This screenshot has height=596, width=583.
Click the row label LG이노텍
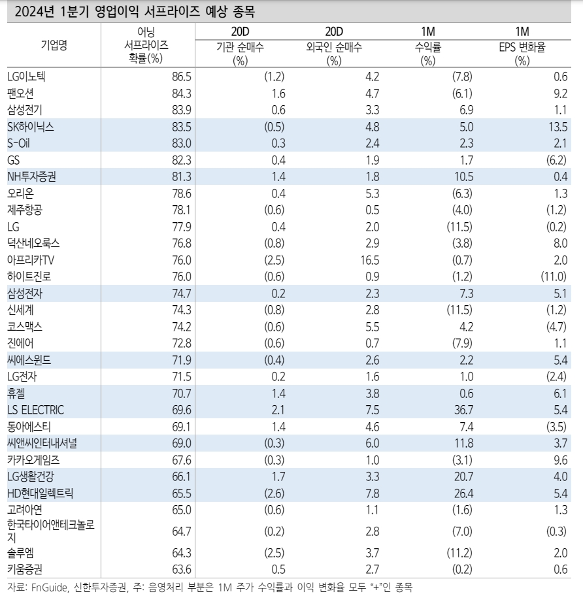coord(26,76)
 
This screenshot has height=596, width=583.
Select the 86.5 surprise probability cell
coord(181,76)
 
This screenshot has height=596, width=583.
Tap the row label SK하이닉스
coord(31,127)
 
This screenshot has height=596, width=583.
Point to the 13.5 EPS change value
coord(558,127)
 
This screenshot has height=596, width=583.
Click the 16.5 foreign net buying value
coord(370,260)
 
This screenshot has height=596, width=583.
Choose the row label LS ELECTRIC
coord(36,410)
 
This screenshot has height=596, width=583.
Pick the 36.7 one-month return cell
coord(463,410)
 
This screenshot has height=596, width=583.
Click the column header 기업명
coord(54,45)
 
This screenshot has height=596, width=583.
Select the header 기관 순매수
coord(240,47)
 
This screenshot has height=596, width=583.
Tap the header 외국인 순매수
coord(334,47)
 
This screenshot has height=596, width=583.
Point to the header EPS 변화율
coord(522,47)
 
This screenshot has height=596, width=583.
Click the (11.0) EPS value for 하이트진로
coord(554,276)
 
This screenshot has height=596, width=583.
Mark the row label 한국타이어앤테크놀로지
coord(51,531)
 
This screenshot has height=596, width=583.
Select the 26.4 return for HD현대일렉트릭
coord(463,493)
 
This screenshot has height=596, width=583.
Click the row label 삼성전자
coord(25,293)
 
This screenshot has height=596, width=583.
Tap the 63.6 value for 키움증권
coord(181,569)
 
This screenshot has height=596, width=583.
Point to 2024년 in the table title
coord(36,12)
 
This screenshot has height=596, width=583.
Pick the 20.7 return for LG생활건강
coord(463,476)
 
